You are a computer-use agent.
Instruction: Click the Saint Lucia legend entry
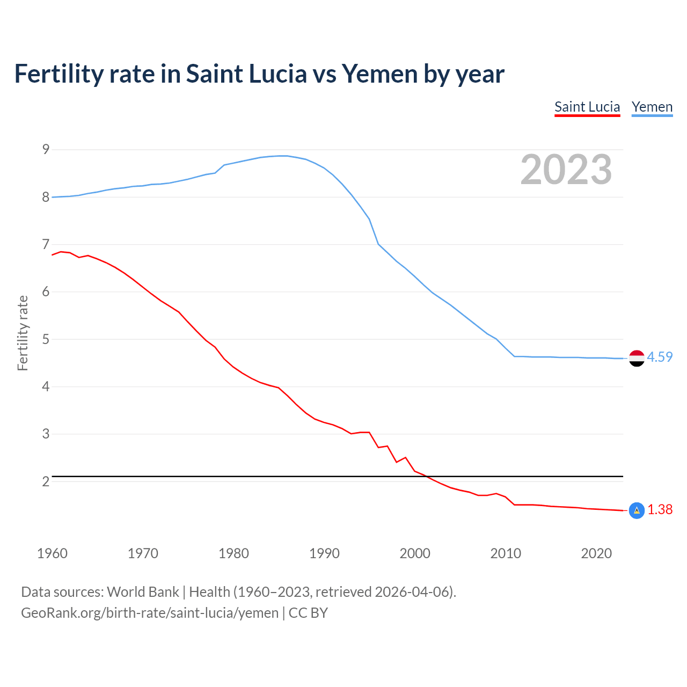coord(587,107)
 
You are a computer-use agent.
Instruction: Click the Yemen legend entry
coord(652,107)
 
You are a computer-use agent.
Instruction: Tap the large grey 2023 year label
coord(566,170)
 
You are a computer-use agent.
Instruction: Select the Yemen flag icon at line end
coord(637,358)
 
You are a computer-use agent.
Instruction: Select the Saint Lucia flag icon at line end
coord(637,510)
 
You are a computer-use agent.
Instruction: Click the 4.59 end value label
coord(660,357)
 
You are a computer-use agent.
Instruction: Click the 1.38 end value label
coord(660,509)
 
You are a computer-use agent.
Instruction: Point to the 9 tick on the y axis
coord(46,149)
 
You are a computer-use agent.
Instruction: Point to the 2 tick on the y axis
coord(46,481)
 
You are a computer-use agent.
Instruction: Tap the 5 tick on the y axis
coord(46,339)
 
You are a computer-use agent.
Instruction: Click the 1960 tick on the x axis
coord(52,553)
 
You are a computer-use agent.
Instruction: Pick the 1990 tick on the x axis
coord(324,553)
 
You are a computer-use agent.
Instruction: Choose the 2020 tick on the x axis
coord(596,553)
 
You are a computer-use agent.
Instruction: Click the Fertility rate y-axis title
coord(23,333)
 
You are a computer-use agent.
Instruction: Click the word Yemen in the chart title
coord(379,74)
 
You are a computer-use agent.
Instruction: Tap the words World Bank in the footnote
coord(143,592)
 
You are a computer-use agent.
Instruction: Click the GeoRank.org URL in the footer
coord(150,613)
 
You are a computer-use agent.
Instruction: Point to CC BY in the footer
coord(308,613)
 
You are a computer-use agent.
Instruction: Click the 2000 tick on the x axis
coord(415,553)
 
